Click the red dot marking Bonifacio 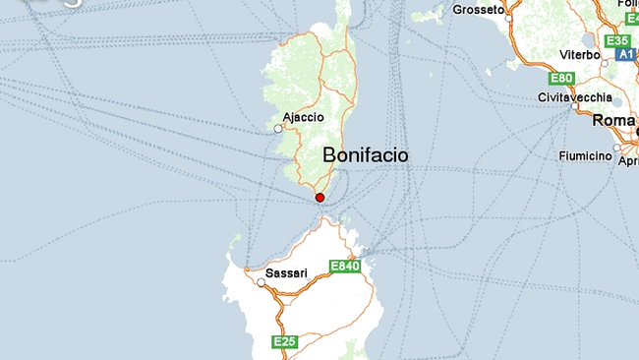[319, 198]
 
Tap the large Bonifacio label [365, 155]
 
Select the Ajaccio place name [303, 117]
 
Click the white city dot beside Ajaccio [278, 128]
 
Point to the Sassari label [287, 272]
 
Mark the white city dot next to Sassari [261, 283]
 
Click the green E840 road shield [345, 267]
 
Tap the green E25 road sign [284, 341]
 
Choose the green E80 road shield [562, 78]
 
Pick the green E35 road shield [617, 40]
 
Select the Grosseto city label [478, 10]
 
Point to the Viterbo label [579, 55]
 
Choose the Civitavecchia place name [575, 97]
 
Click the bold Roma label [614, 120]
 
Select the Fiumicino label [586, 156]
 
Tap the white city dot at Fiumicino [616, 150]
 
